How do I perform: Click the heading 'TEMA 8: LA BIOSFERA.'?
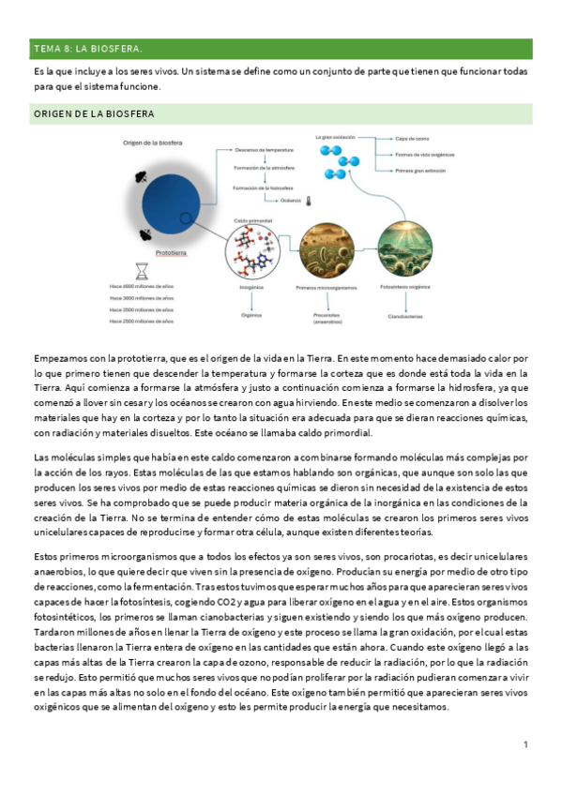pyautogui.click(x=88, y=48)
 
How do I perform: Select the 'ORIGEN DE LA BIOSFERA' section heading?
pyautogui.click(x=95, y=113)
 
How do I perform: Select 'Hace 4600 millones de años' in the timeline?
pyautogui.click(x=141, y=285)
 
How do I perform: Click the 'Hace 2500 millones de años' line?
pyautogui.click(x=141, y=321)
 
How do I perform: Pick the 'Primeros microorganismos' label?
pyautogui.click(x=325, y=287)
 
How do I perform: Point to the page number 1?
pyautogui.click(x=525, y=744)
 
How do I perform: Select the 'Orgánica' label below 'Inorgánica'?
pyautogui.click(x=251, y=317)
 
